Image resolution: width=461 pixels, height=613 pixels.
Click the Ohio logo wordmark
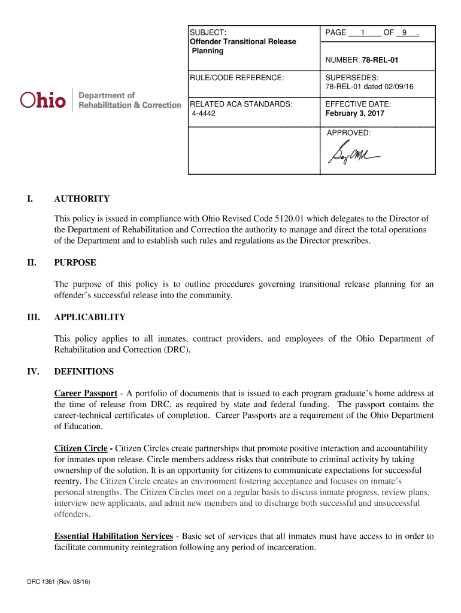(43, 100)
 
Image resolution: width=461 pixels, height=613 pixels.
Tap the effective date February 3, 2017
(354, 113)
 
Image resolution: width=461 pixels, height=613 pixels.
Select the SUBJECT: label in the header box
(207, 32)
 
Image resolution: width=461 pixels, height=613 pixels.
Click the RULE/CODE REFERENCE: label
(236, 78)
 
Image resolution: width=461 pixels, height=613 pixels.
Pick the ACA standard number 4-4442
(204, 113)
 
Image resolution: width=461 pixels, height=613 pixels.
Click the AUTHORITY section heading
(81, 199)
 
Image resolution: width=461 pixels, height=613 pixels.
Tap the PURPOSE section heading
(75, 262)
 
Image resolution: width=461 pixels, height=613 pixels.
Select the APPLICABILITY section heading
(90, 317)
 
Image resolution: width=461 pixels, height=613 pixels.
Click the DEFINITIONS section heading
(84, 371)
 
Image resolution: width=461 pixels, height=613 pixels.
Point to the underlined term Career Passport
(86, 393)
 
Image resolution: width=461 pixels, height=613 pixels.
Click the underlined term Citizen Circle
(81, 448)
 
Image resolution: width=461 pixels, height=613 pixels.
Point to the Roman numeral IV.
(33, 371)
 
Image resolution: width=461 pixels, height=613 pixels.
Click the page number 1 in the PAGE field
(363, 32)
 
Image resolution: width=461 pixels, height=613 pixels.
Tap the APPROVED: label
(348, 133)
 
